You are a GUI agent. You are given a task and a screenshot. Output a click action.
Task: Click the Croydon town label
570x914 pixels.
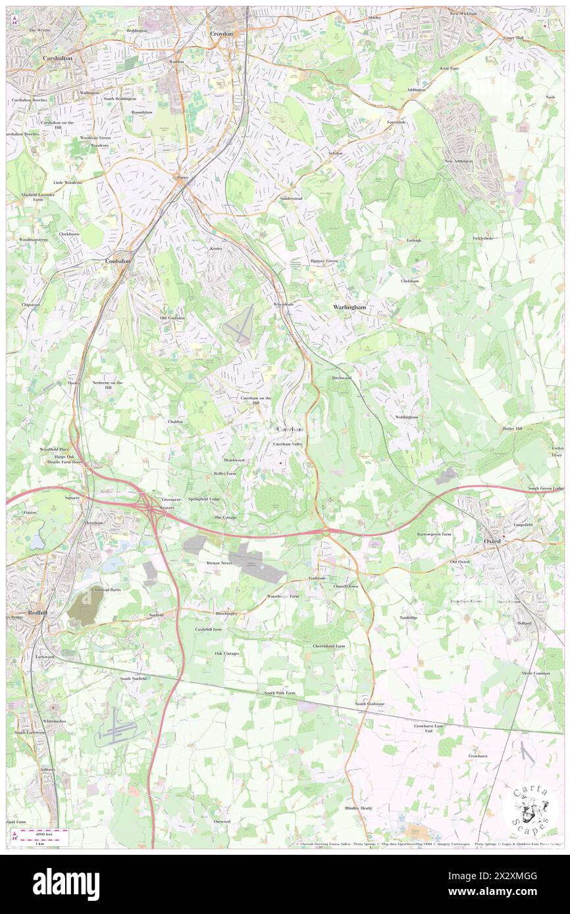click(x=221, y=34)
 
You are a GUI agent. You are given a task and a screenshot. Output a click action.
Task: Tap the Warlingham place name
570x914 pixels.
click(x=349, y=307)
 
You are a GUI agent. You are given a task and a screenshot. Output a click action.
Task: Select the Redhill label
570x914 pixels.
click(x=36, y=612)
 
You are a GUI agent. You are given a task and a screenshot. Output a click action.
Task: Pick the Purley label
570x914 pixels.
click(x=182, y=177)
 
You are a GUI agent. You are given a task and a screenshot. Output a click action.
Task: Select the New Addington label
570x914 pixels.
click(x=459, y=161)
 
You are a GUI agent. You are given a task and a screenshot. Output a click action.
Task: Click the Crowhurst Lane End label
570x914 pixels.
click(x=428, y=728)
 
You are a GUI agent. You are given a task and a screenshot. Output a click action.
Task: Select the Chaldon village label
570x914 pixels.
click(x=175, y=421)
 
